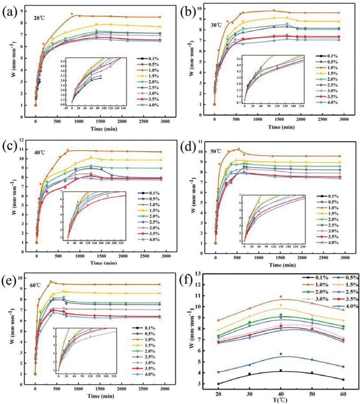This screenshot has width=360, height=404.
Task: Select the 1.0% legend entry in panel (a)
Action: pyautogui.click(x=150, y=71)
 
